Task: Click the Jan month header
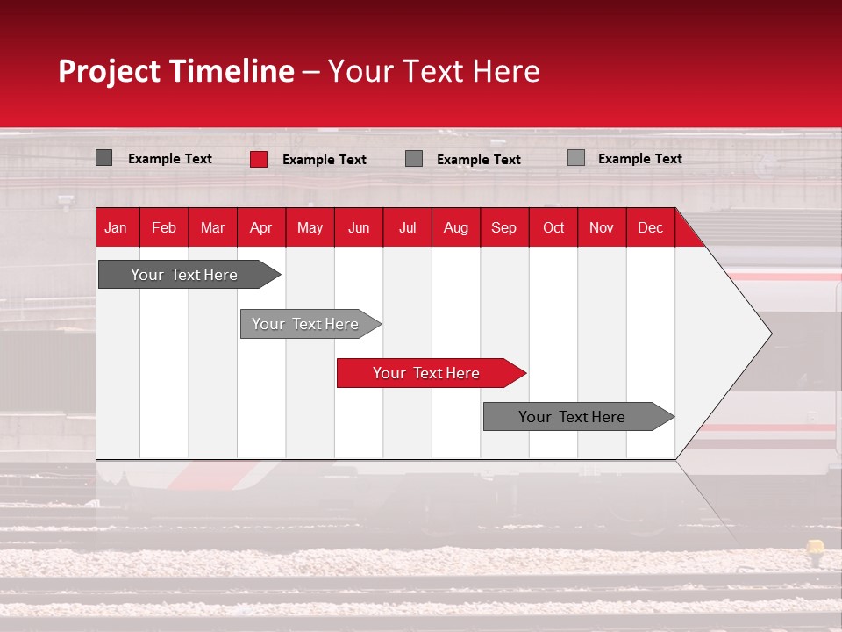tap(116, 227)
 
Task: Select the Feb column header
tap(164, 227)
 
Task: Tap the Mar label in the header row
tap(212, 227)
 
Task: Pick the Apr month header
tap(261, 227)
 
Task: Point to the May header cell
tap(310, 227)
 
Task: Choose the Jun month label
tap(359, 227)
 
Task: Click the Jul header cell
tap(407, 227)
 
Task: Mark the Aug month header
tap(456, 227)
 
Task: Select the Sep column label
tap(504, 227)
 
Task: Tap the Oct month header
tap(553, 227)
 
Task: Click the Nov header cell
tap(602, 227)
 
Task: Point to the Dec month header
tap(651, 227)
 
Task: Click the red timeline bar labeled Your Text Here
tap(427, 373)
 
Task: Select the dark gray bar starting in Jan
tap(185, 275)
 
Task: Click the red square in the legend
tap(259, 159)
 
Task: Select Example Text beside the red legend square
tap(325, 160)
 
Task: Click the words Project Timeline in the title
tap(176, 71)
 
